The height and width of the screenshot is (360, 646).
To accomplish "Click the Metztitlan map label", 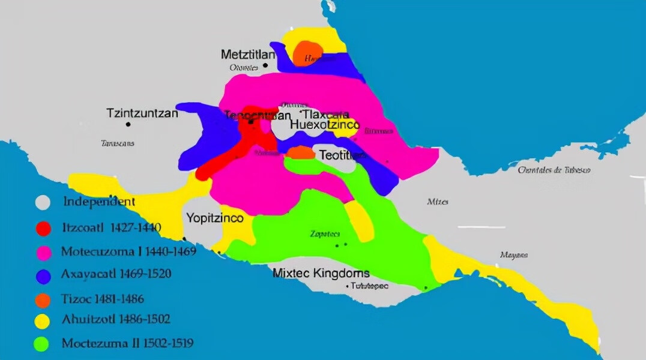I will coord(248,54).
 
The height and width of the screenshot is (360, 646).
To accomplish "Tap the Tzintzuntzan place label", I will coord(142,113).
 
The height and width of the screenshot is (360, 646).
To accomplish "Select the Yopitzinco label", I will coord(214,218).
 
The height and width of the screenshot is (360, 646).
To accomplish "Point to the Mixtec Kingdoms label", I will coord(321,273).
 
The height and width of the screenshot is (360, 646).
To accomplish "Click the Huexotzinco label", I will coord(324,125).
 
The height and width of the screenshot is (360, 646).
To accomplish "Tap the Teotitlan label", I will coord(342,155).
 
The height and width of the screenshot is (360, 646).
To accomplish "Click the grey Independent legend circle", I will coord(43,202).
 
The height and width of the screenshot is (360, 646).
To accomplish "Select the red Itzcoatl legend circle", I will coord(43,228).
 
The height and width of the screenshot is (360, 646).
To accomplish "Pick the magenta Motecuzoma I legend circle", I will coord(43,251).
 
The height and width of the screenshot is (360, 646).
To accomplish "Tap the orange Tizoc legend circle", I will coord(43,298).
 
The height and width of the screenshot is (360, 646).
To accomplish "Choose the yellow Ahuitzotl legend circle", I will coord(43,322).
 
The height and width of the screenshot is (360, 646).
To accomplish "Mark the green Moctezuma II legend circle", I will coord(43,344).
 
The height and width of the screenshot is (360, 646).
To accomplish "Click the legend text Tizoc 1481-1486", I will coord(103,298).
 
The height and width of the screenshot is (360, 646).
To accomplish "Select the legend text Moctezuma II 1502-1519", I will coord(127,344).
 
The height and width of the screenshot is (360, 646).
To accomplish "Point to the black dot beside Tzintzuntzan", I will coord(128,124).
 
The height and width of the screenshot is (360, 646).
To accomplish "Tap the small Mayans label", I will coord(514,255).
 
